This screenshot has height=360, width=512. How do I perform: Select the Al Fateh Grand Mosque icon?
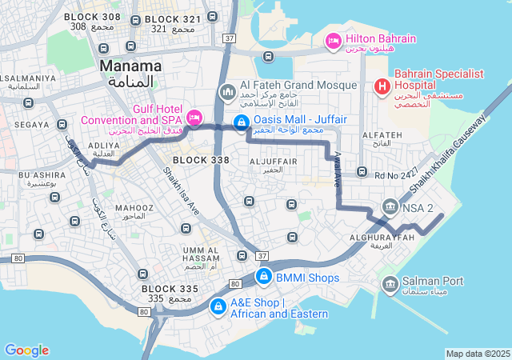point(227,93)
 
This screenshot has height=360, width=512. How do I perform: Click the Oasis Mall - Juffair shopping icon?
point(240,122)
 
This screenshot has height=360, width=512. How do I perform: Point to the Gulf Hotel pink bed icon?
point(194,118)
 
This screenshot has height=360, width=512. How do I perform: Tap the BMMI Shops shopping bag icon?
point(263,278)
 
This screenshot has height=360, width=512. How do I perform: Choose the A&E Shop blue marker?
point(217,306)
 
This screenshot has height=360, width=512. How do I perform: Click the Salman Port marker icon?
point(390,282)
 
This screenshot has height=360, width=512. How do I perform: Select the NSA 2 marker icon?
point(390,206)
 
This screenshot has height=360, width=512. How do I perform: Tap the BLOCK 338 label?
point(200,160)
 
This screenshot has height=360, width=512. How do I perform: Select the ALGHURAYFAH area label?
point(382,238)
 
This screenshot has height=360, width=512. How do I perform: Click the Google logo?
point(26,350)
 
